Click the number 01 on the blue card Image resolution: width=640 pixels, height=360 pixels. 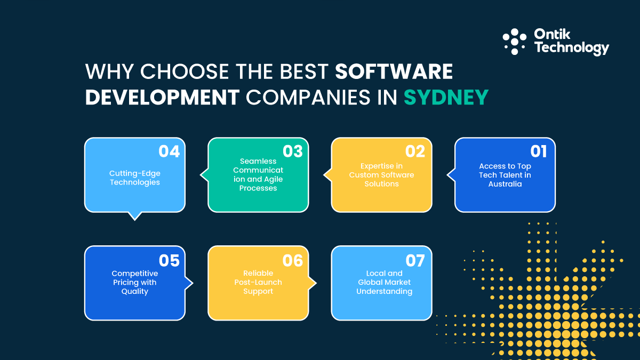coord(539,151)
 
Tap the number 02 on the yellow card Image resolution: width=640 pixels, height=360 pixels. coord(415,151)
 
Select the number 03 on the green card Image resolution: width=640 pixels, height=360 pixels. coord(292,151)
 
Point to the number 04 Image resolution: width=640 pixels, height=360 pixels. coord(169,151)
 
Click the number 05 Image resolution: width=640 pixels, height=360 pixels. coord(169,260)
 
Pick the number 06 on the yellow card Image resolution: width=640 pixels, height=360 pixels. coord(292,260)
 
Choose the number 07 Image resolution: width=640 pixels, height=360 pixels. coord(415,260)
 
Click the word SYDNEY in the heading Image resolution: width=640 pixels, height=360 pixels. coord(446,98)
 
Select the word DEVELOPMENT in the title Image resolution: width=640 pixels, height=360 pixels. coord(162,98)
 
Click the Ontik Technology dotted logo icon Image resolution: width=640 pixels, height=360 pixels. coord(515,42)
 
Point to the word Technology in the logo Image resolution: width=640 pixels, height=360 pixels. coord(571,49)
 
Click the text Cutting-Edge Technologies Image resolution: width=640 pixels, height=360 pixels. coord(135,178)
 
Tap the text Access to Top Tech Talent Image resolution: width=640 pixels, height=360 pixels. coord(505,175)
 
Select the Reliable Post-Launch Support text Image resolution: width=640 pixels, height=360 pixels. coord(258,282)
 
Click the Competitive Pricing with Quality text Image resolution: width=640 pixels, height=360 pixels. coord(135,282)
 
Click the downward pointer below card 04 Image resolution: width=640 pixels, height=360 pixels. coord(135,215)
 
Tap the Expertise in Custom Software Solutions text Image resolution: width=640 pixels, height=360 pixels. coord(382,175)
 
